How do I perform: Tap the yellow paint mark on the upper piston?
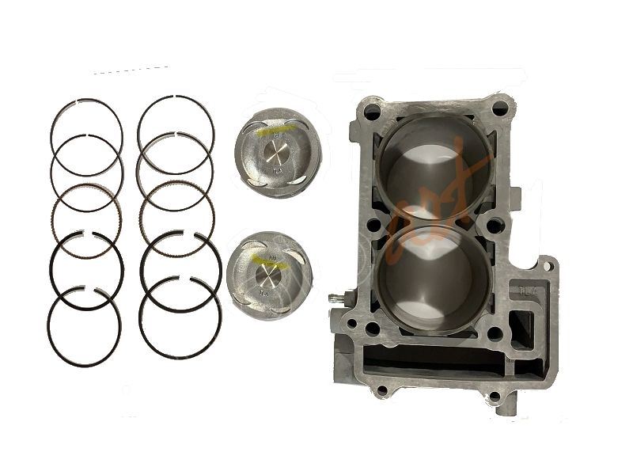pos(278,127)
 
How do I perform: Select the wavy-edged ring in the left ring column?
pos(86,219)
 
